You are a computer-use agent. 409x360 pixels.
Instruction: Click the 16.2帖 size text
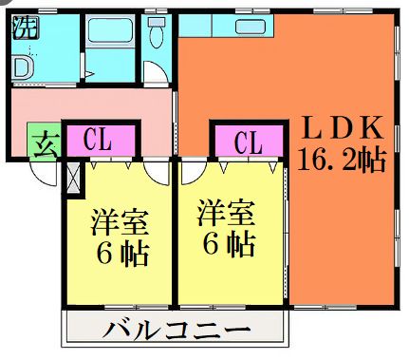coord(342,158)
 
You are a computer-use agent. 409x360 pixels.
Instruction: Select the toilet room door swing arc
coord(153,74)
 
